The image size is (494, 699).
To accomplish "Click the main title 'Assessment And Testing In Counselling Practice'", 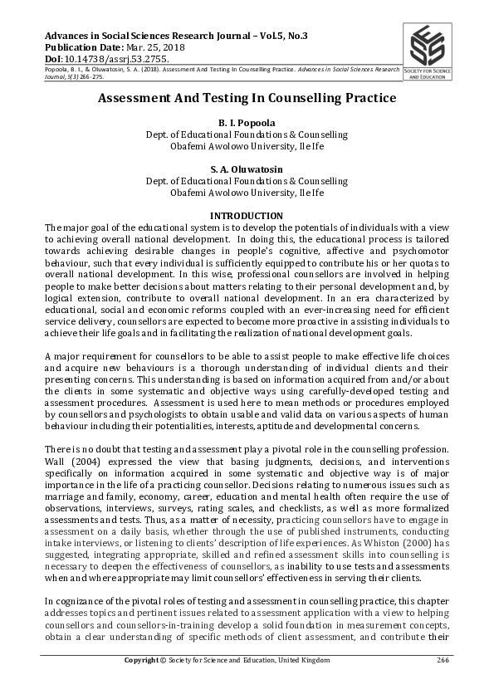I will pyautogui.click(x=247, y=98).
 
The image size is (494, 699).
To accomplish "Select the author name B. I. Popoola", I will pyautogui.click(x=247, y=123).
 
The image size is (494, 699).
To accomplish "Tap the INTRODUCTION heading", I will pyautogui.click(x=247, y=216).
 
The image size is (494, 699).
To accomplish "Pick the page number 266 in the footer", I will pyautogui.click(x=443, y=661).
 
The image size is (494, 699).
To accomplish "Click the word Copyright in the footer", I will pyautogui.click(x=144, y=661).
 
